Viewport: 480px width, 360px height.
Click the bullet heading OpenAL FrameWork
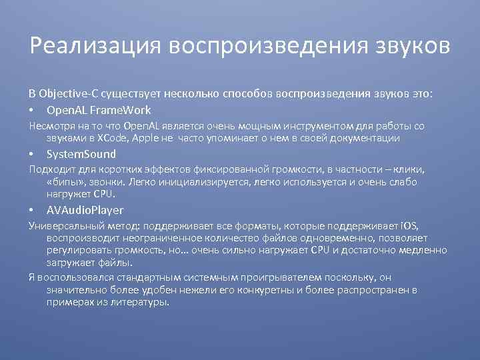pos(99,110)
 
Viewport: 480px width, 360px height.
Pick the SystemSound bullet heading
pos(81,154)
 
